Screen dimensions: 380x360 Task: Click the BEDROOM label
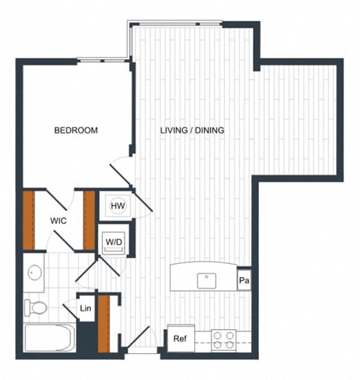(76, 130)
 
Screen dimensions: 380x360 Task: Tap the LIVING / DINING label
(193, 130)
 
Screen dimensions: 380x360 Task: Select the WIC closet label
(60, 221)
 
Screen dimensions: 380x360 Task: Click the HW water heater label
(117, 205)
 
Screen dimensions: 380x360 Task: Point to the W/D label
(114, 242)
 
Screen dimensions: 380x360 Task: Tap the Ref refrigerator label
(179, 339)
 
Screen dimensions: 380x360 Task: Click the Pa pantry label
(244, 281)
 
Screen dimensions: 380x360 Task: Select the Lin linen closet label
(85, 308)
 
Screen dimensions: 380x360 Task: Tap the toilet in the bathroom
(36, 307)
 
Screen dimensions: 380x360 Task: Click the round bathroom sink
(34, 272)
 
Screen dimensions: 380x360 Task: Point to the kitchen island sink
(206, 280)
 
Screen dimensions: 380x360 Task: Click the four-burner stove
(223, 340)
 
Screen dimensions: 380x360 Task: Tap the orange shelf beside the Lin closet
(104, 322)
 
